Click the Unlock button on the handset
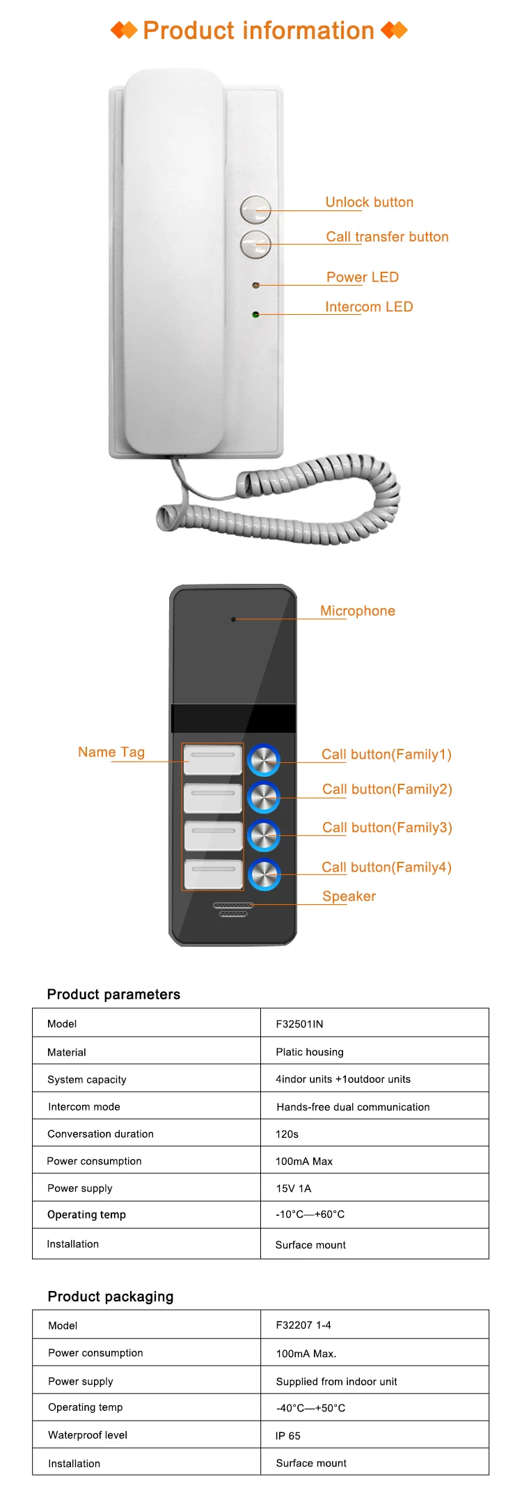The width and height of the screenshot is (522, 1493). (x=255, y=209)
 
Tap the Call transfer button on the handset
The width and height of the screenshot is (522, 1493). (x=255, y=244)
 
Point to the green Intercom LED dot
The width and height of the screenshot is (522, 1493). (x=255, y=315)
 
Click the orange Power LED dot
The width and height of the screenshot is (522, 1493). (x=255, y=285)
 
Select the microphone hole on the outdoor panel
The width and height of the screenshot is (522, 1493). (x=234, y=619)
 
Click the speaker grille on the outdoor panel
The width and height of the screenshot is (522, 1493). (x=233, y=909)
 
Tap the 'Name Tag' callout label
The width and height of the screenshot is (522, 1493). (x=111, y=752)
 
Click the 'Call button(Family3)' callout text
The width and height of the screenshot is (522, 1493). (x=387, y=828)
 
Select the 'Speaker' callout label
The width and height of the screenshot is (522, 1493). (x=349, y=897)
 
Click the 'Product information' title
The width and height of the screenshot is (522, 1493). (x=259, y=31)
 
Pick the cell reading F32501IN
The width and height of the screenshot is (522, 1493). (x=299, y=1024)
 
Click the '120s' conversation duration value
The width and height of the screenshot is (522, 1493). (x=287, y=1134)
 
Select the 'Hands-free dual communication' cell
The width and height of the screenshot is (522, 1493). (x=353, y=1107)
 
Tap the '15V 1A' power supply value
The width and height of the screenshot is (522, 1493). (x=293, y=1189)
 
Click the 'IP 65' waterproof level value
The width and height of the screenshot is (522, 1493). (x=287, y=1436)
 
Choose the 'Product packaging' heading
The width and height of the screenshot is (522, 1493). (x=111, y=1297)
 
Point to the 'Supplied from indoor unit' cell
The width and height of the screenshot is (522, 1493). (x=337, y=1382)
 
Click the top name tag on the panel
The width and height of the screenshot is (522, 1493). (x=213, y=759)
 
